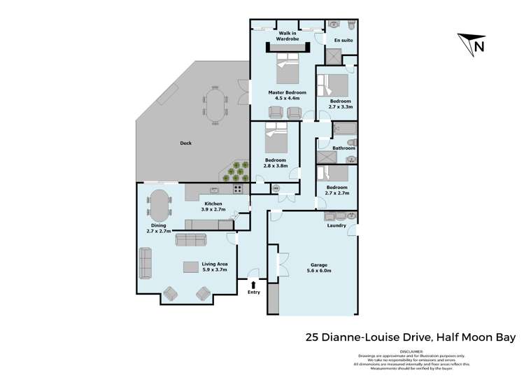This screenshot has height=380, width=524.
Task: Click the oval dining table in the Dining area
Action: (x=159, y=208)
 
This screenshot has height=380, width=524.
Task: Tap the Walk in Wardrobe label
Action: (x=288, y=36)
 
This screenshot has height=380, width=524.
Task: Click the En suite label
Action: (x=343, y=41)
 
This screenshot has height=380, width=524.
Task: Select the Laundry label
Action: (x=337, y=226)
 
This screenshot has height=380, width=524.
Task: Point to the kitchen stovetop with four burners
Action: (x=238, y=188)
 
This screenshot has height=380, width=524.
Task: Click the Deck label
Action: (x=185, y=143)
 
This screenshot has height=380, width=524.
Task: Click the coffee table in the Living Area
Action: (x=190, y=266)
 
